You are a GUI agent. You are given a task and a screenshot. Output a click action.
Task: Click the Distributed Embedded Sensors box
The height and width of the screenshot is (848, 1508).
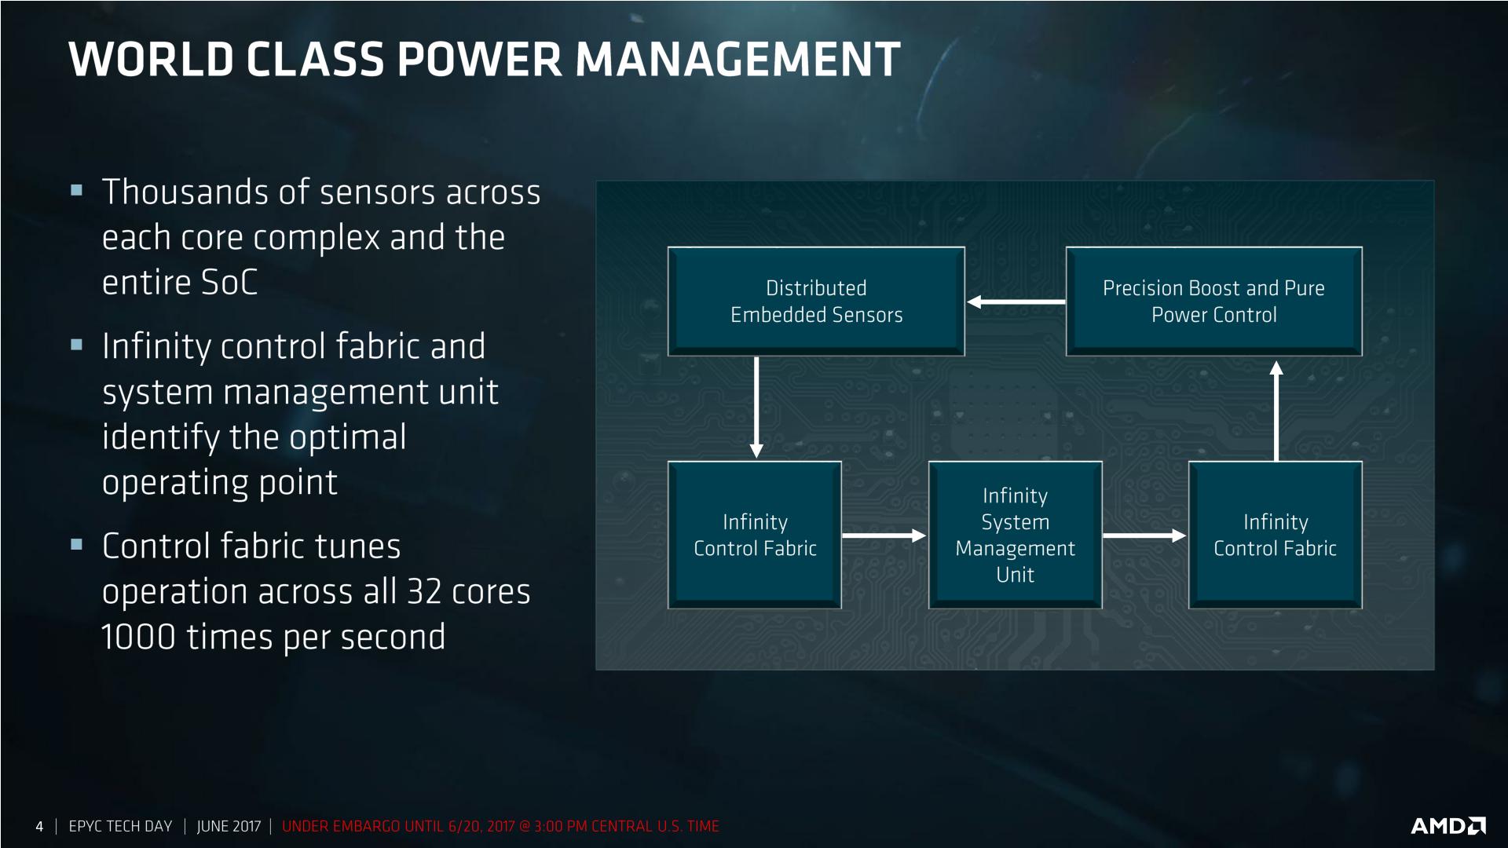point(816,302)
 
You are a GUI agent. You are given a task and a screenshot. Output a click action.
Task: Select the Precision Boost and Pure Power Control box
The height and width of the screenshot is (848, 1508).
point(1213,302)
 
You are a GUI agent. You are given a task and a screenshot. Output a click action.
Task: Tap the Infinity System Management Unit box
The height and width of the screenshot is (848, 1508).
point(1015,535)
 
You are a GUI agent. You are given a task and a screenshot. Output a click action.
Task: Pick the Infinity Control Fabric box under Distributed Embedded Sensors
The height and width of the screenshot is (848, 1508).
point(755,535)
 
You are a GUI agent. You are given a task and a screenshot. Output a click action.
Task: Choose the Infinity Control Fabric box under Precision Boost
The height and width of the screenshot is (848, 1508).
point(1276,535)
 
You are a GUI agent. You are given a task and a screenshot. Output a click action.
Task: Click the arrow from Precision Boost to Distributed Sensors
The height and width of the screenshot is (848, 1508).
point(1016,302)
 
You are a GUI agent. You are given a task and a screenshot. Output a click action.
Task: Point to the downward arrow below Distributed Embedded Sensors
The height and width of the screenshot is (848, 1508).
point(756,408)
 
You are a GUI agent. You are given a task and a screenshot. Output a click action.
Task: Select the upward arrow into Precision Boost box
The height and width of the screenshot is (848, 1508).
point(1276,411)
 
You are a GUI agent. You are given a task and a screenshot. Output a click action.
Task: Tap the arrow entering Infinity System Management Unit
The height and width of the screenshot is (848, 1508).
point(884,536)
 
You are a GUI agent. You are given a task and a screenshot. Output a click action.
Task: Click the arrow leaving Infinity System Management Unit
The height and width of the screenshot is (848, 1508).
point(1144,536)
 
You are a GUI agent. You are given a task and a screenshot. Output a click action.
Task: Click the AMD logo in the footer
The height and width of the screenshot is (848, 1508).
point(1448,825)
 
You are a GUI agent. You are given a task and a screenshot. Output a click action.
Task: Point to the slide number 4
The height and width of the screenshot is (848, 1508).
point(39,826)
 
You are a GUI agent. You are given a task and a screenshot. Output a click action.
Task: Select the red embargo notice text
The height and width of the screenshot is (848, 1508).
point(500,826)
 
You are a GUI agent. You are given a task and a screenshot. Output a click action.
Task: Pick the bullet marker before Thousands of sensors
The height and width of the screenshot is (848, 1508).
point(76,190)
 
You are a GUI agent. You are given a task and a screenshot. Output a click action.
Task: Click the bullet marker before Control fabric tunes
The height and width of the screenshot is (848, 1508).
point(76,543)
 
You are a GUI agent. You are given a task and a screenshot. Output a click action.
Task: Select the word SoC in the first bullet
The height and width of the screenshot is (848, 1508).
point(229,283)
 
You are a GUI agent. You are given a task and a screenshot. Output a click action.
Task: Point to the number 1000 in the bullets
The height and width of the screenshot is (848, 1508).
point(138,637)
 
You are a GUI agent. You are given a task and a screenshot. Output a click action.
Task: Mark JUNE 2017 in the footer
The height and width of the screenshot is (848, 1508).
point(229,826)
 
